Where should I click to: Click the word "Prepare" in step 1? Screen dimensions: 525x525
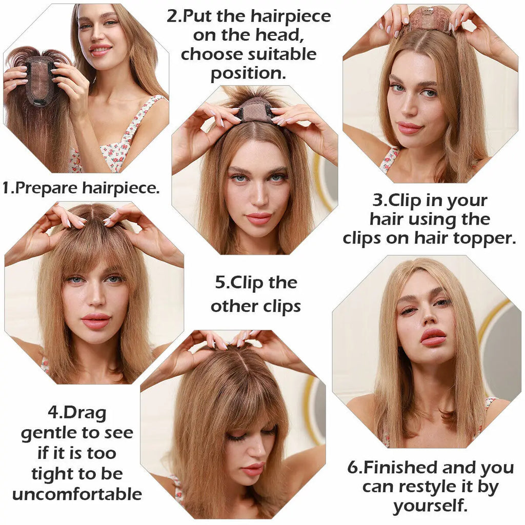[46, 188]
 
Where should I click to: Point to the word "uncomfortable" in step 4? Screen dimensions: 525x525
[77, 494]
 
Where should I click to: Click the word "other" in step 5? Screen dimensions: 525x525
[234, 307]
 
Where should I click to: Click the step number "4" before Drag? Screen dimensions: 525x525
[53, 412]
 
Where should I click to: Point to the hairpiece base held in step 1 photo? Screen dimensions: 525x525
[40, 80]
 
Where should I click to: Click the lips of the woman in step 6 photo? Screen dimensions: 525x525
[433, 337]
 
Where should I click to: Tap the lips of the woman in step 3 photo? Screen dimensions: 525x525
[409, 128]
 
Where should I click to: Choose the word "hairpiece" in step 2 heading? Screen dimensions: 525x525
[291, 16]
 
